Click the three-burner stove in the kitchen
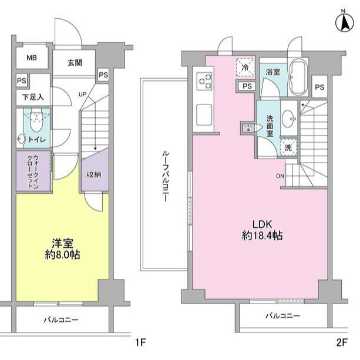(x=206, y=81)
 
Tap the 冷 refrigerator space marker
(x=245, y=68)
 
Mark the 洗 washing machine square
(x=288, y=148)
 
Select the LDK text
(x=262, y=224)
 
